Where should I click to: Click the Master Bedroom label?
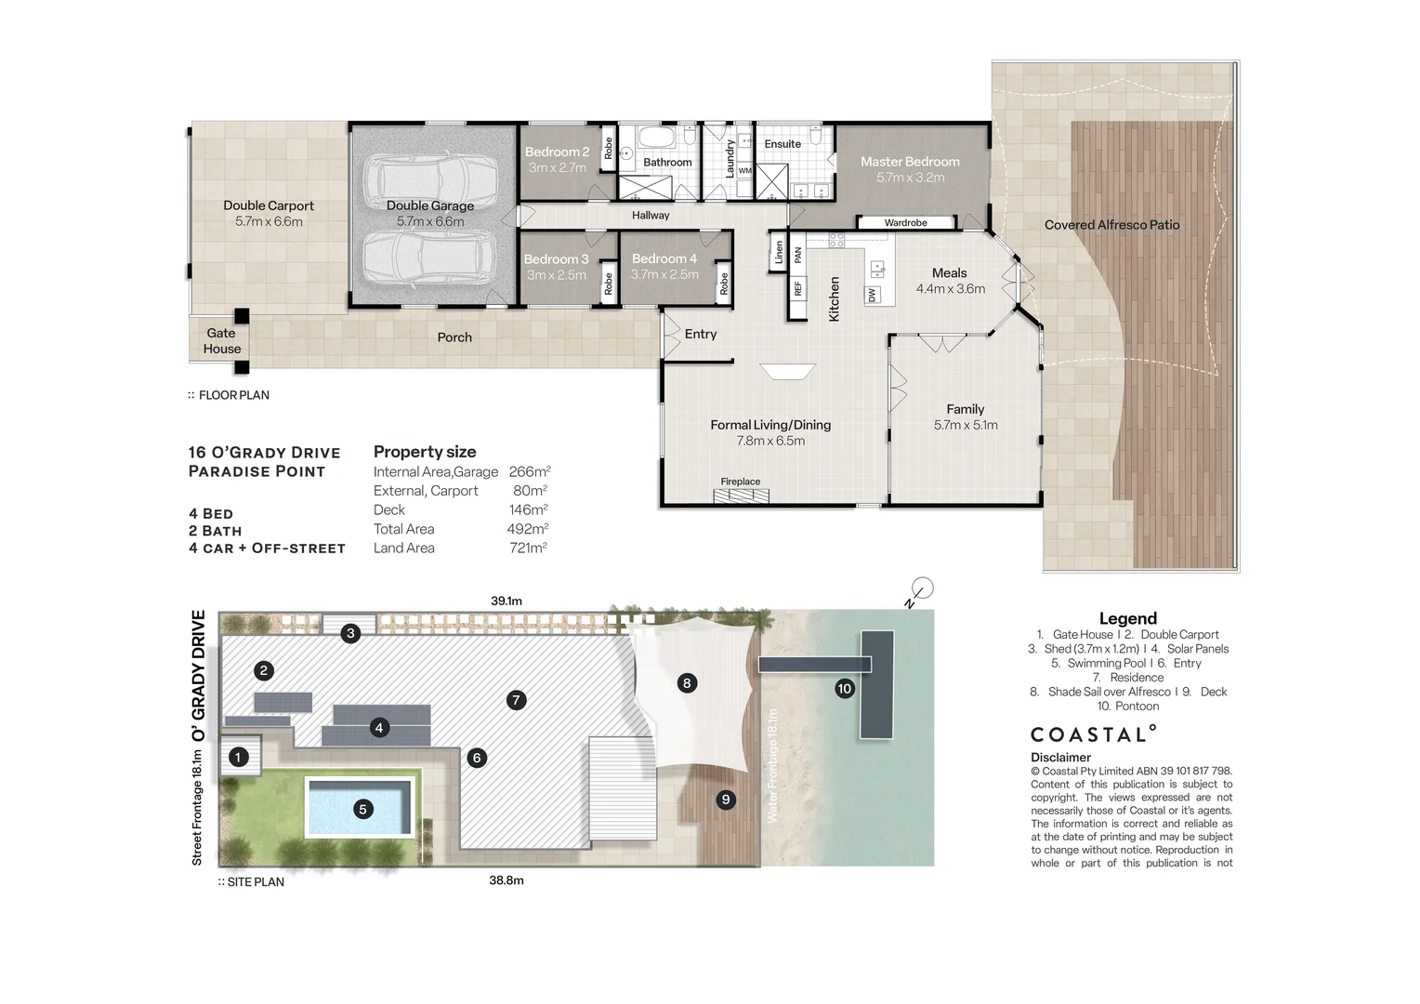(910, 162)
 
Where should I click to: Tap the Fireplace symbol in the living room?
(741, 495)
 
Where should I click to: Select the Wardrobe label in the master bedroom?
(905, 223)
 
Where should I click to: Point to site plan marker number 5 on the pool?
(363, 810)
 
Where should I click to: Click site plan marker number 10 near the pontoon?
(844, 689)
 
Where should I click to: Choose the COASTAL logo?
(1093, 734)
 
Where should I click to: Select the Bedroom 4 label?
(664, 258)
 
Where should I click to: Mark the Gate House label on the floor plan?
(222, 341)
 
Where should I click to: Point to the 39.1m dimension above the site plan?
(506, 601)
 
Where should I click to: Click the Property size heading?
(425, 452)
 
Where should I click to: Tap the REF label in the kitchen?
(797, 289)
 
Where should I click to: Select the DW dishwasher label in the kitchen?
(872, 295)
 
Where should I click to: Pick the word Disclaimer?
(1060, 758)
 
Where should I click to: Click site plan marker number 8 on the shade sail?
(687, 683)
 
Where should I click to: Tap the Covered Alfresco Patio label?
(1111, 225)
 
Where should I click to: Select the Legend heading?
(1127, 618)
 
